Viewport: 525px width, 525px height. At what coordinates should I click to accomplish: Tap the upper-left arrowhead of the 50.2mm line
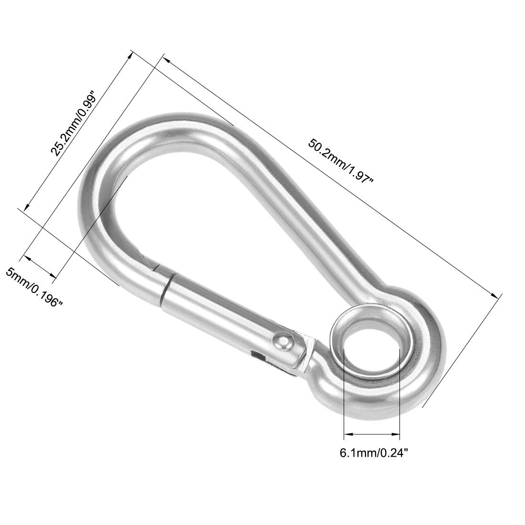tap(166, 59)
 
